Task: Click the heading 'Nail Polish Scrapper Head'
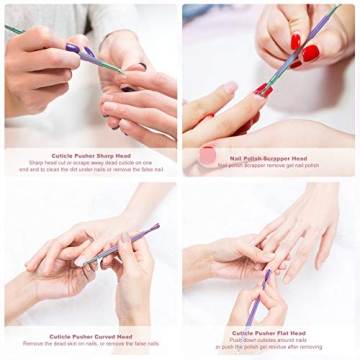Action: (x=270, y=157)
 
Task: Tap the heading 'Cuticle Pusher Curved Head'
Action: (x=90, y=336)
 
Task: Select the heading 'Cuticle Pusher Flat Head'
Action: (x=269, y=333)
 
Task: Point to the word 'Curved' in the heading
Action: (x=103, y=336)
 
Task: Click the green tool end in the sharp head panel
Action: (x=12, y=29)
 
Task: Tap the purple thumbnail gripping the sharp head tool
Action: (x=72, y=47)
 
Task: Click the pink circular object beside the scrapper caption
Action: (x=207, y=156)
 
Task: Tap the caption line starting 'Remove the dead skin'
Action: (x=90, y=344)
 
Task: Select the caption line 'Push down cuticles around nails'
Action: (x=269, y=341)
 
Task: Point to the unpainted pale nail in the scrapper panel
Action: (x=229, y=88)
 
